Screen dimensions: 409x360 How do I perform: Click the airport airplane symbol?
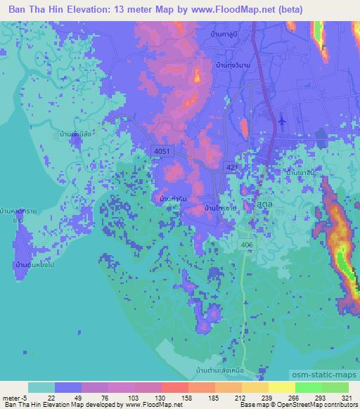coord(283,121)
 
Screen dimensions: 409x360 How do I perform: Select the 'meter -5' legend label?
coord(15,398)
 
